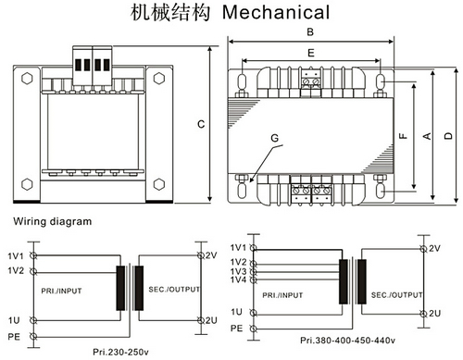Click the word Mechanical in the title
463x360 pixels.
(x=276, y=12)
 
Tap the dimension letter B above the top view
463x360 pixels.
(x=310, y=31)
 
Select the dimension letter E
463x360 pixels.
(x=311, y=53)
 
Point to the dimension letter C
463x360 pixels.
(x=201, y=124)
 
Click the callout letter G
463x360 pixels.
(x=274, y=138)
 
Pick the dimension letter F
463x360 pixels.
(x=403, y=136)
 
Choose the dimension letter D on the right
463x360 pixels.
(x=448, y=136)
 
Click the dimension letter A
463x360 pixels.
(x=427, y=136)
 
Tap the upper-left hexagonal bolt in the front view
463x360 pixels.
(x=27, y=79)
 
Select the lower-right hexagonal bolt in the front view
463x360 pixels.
(x=159, y=184)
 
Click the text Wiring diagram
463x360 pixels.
(x=53, y=221)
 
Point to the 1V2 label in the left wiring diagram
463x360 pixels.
(x=16, y=270)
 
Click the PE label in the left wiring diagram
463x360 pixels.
(x=14, y=336)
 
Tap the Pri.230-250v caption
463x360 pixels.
(x=120, y=352)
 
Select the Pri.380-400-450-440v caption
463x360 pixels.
(x=347, y=341)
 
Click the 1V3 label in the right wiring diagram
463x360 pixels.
(x=239, y=271)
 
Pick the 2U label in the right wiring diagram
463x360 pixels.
(x=434, y=314)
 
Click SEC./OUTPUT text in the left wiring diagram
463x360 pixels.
(x=174, y=290)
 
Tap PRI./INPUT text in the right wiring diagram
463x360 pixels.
(x=282, y=295)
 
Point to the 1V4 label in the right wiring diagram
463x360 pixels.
(x=239, y=279)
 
